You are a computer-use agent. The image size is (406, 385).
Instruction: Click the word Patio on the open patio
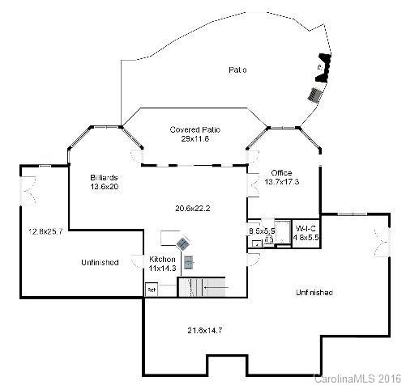(x=237, y=70)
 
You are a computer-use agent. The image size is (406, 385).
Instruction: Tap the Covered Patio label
(x=195, y=129)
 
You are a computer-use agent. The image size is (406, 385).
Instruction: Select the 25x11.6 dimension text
(x=195, y=139)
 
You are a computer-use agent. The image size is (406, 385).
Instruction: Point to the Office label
(x=281, y=173)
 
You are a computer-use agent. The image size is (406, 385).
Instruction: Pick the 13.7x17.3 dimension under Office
(x=282, y=182)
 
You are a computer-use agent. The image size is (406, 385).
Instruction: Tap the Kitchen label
(x=162, y=260)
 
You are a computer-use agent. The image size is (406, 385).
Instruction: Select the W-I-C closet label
(x=305, y=229)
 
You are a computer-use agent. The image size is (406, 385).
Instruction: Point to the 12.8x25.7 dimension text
(x=45, y=231)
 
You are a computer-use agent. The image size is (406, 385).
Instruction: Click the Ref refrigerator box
(x=151, y=289)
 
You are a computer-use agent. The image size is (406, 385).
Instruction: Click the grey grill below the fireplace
(x=314, y=94)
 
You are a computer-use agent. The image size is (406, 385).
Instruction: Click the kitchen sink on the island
(x=190, y=261)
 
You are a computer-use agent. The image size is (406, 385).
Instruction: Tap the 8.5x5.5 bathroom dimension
(x=262, y=231)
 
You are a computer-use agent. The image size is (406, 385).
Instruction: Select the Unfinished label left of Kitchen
(x=100, y=262)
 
